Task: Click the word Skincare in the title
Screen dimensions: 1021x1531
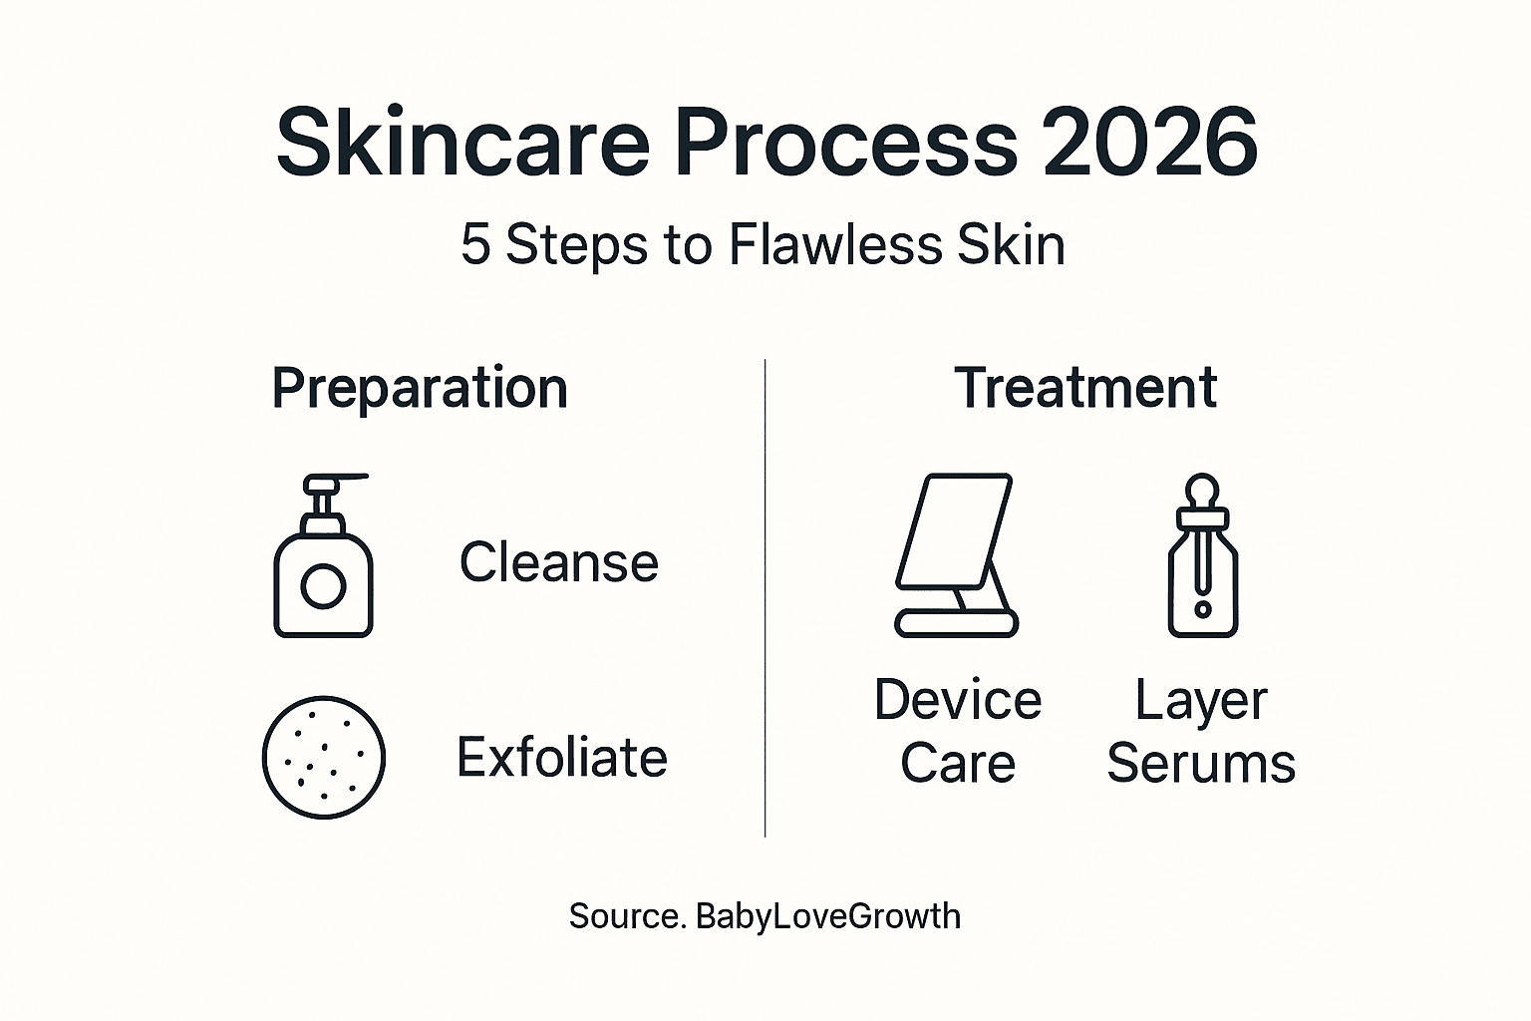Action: point(462,143)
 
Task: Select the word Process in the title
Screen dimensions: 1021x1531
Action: point(846,143)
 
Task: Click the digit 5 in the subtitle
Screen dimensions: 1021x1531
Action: point(475,244)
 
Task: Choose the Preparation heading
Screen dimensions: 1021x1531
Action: point(420,388)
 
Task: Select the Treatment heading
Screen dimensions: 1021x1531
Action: point(1085,388)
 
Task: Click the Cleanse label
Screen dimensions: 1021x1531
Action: point(558,562)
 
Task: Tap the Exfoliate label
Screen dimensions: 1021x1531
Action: point(561,758)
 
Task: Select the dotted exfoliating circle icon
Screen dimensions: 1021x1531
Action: point(323,757)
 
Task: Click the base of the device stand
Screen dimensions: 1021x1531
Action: point(956,623)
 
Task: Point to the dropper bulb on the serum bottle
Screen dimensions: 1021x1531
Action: point(1203,490)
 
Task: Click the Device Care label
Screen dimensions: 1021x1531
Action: point(957,731)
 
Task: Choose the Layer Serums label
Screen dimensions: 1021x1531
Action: point(1201,731)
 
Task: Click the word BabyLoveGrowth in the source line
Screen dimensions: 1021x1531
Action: point(827,916)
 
